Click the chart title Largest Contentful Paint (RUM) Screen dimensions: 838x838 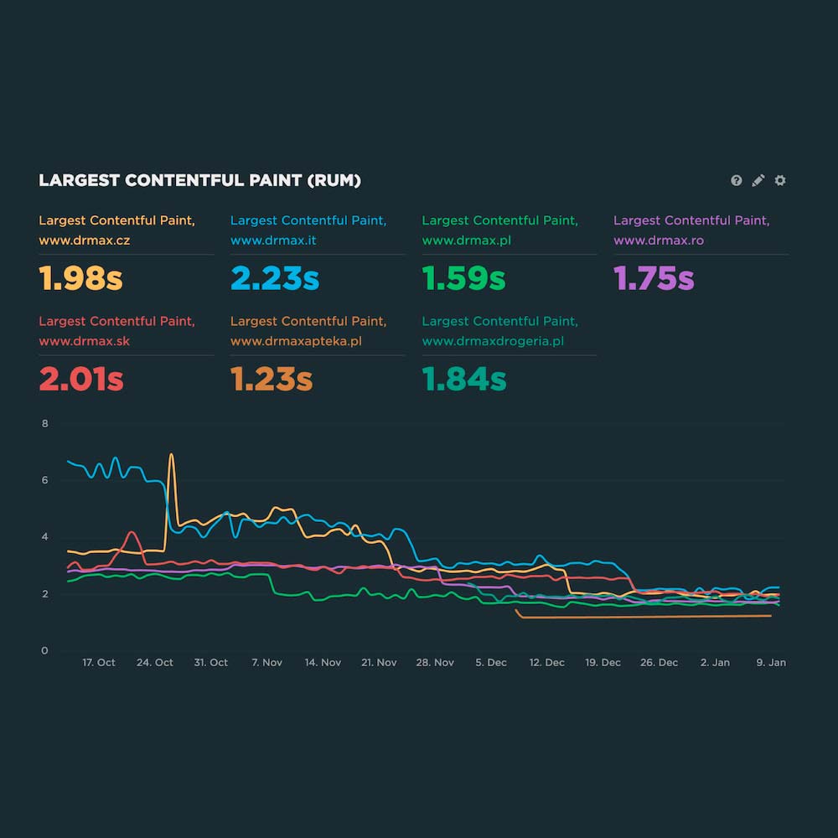(x=199, y=180)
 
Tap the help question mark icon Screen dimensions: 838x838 (x=736, y=180)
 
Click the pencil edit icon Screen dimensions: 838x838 (x=758, y=180)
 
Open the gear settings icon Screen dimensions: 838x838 (x=780, y=180)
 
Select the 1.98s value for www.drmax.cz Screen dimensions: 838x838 (x=80, y=278)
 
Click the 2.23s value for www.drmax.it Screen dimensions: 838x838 (x=274, y=278)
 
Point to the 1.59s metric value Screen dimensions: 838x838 (x=463, y=278)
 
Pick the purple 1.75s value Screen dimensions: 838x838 (x=654, y=278)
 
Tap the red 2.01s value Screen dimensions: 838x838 (x=80, y=380)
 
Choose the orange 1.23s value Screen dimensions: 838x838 (x=272, y=380)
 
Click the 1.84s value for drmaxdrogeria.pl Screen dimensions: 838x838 (x=464, y=380)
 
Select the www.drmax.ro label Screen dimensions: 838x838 (x=659, y=241)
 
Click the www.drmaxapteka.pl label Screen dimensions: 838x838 (x=297, y=341)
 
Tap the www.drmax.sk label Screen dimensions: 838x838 (x=84, y=341)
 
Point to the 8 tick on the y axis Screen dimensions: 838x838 (x=45, y=424)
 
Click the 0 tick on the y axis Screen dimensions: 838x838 (x=45, y=650)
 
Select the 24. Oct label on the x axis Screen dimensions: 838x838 (x=155, y=662)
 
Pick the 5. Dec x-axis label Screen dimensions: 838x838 (x=491, y=662)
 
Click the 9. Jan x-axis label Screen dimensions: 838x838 (x=771, y=662)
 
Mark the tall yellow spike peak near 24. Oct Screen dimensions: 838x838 (x=172, y=455)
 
